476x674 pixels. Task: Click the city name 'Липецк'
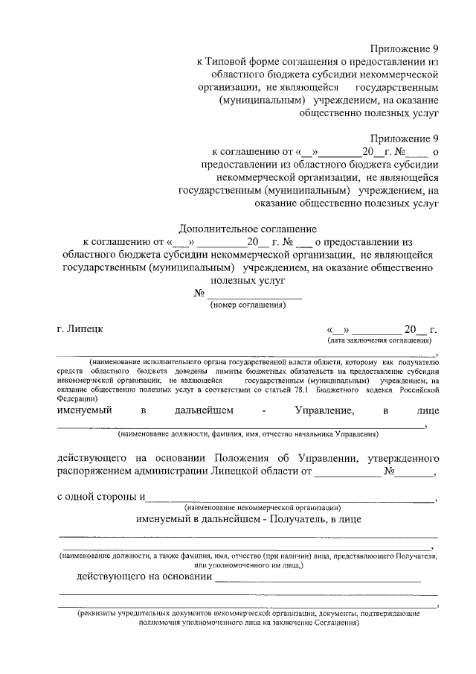point(86,327)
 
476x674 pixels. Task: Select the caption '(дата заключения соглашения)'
point(380,340)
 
